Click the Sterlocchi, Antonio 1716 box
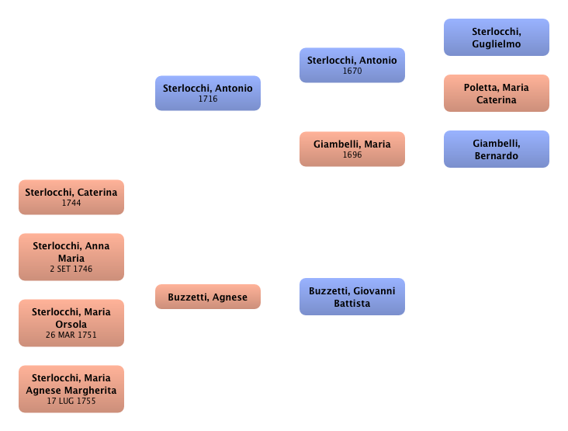pos(208,93)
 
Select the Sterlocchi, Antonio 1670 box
pos(352,65)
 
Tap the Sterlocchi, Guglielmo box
pos(496,38)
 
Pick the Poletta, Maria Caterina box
pos(496,93)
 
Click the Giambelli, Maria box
pos(352,149)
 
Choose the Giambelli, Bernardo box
pos(496,149)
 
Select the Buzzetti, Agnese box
pos(208,297)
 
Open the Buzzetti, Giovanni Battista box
pos(352,297)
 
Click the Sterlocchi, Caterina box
pos(71,197)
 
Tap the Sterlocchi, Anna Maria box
pos(71,256)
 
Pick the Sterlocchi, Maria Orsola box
pos(71,322)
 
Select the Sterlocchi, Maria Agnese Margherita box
pos(71,388)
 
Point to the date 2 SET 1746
pos(71,269)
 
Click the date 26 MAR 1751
pos(71,335)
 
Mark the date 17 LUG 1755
pos(71,401)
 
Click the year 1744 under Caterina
pos(71,203)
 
